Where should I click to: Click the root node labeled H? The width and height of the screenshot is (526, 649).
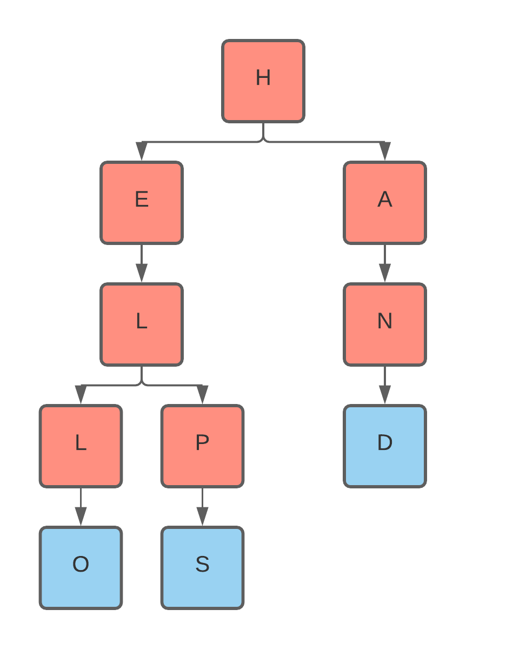point(263,81)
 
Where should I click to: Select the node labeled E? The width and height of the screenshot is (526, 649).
point(142,203)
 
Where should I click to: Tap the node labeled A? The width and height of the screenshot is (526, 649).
point(385,203)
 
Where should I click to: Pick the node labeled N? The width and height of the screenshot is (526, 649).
point(385,325)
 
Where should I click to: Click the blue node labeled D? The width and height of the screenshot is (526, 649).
point(385,446)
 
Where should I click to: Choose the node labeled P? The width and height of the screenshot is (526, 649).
point(202,446)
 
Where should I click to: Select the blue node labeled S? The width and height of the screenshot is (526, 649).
point(202,568)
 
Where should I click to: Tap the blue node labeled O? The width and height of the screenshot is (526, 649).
point(81,568)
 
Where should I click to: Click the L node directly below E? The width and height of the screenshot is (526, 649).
point(142,325)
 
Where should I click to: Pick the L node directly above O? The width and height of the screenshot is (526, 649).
point(81,446)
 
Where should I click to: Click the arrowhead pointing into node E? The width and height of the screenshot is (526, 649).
point(142,152)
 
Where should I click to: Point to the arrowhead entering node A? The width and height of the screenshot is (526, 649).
point(385,152)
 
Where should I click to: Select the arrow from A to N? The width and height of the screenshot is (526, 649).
point(385,263)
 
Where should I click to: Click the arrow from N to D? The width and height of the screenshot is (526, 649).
point(385,385)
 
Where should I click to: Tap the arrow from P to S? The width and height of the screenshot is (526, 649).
point(202,507)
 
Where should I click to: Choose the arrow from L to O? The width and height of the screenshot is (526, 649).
point(81,507)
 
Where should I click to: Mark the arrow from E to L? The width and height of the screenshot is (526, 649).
point(142,263)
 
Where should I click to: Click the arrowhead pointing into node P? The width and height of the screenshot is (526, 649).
point(202,395)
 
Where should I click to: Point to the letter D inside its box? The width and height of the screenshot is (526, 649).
point(385,443)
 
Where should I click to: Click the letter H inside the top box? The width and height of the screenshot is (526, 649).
point(263,78)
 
